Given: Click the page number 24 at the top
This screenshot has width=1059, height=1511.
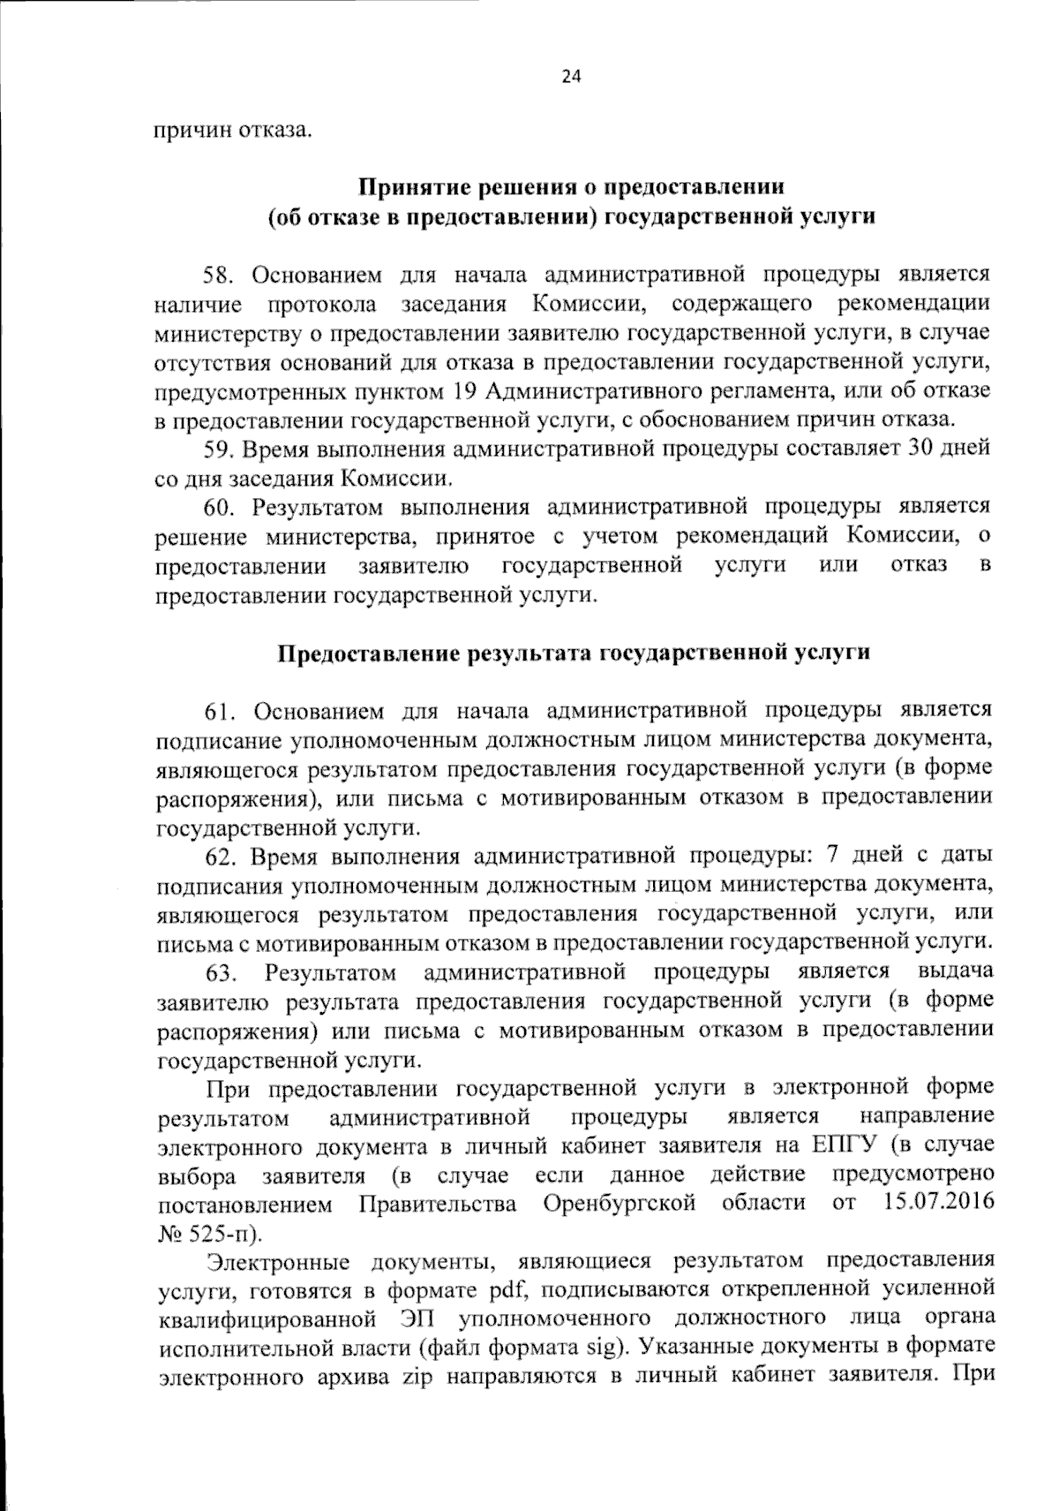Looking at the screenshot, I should [x=571, y=77].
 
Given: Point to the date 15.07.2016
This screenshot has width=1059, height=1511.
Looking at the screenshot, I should [x=937, y=1202].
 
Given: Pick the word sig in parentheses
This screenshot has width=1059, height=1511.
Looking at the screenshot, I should [x=601, y=1348].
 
